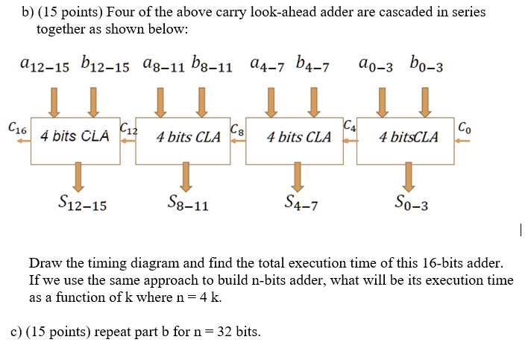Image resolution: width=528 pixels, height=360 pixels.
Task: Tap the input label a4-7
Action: tap(269, 67)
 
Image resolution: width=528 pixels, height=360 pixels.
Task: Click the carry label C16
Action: tap(16, 128)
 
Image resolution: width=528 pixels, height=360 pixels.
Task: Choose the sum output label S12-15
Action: tap(82, 202)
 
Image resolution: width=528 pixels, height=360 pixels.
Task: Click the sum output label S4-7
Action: tap(301, 202)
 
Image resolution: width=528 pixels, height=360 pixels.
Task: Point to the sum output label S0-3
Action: tap(409, 202)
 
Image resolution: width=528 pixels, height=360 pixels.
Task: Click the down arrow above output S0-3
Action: tap(408, 177)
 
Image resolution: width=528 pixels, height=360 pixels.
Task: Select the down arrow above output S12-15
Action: tap(78, 177)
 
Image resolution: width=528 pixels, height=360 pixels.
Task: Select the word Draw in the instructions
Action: tap(44, 264)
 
